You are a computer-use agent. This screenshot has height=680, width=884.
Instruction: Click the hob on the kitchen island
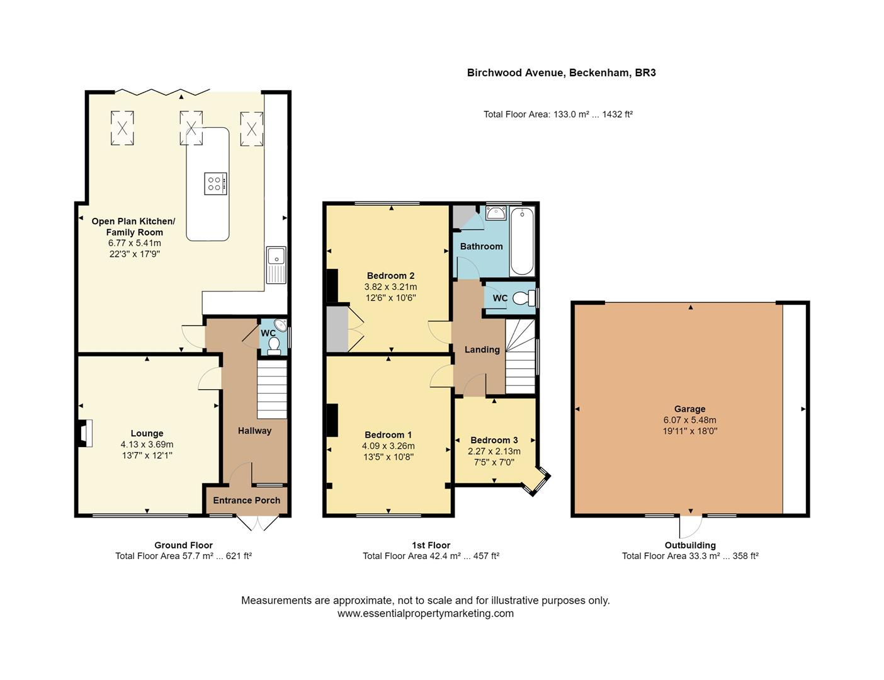point(215,183)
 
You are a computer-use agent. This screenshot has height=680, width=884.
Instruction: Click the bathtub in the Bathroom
point(522,242)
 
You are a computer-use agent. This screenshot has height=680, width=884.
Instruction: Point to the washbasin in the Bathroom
point(496,213)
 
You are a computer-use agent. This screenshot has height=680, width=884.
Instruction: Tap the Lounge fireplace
point(84,433)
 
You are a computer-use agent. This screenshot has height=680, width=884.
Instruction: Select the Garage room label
point(689,409)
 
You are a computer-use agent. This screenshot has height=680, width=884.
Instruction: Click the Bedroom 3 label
point(494,440)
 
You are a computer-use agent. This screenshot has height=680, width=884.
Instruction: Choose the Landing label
point(482,349)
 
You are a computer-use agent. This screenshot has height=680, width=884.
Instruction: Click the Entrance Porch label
point(246,500)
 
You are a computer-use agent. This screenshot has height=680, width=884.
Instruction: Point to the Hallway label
point(254,431)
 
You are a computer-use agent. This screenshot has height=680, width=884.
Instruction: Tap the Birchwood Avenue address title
point(561,72)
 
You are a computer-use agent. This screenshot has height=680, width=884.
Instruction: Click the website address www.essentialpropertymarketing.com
point(425,613)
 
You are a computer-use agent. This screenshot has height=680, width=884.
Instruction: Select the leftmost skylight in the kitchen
point(123,128)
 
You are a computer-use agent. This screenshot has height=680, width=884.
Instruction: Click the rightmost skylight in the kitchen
point(251,128)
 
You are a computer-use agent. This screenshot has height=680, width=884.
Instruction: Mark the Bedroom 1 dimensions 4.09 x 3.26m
point(388,446)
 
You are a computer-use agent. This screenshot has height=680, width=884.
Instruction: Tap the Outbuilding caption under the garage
point(689,545)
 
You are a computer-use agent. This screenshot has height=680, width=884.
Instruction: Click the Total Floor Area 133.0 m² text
point(557,114)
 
